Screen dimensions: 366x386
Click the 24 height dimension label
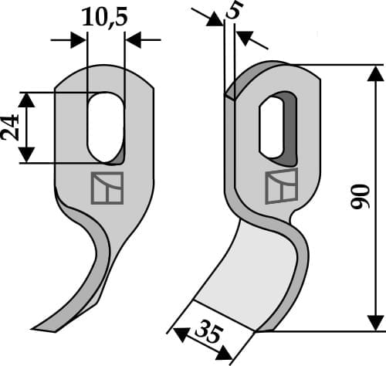point(11,127)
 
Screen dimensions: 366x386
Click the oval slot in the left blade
point(105,126)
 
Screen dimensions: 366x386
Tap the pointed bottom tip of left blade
point(41,328)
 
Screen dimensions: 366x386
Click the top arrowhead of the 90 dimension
point(374,74)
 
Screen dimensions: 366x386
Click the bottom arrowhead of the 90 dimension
point(374,323)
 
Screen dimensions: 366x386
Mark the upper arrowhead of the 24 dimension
point(28,100)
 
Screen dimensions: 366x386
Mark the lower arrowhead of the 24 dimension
point(28,155)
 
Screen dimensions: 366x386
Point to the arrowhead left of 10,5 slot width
point(78,39)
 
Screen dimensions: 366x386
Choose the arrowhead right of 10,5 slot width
point(134,39)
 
